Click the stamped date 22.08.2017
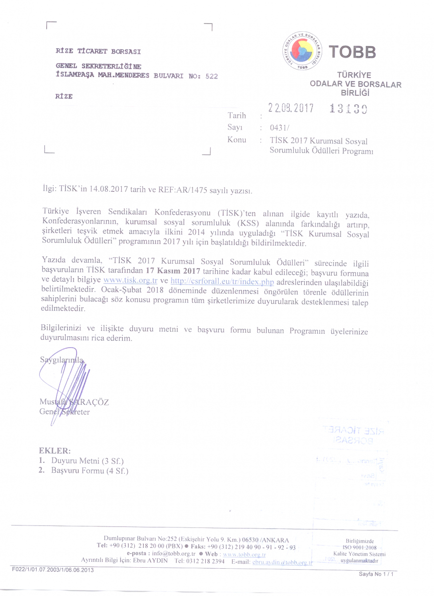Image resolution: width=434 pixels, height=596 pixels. tap(291, 108)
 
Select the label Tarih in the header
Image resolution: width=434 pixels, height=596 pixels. tap(237, 116)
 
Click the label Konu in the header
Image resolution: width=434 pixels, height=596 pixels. tap(237, 140)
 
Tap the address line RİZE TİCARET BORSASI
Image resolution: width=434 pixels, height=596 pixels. tap(98, 52)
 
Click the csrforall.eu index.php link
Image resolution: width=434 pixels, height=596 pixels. tap(221, 280)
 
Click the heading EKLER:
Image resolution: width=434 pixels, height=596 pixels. tap(55, 451)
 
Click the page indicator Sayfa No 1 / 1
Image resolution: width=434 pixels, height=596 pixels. tap(376, 574)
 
